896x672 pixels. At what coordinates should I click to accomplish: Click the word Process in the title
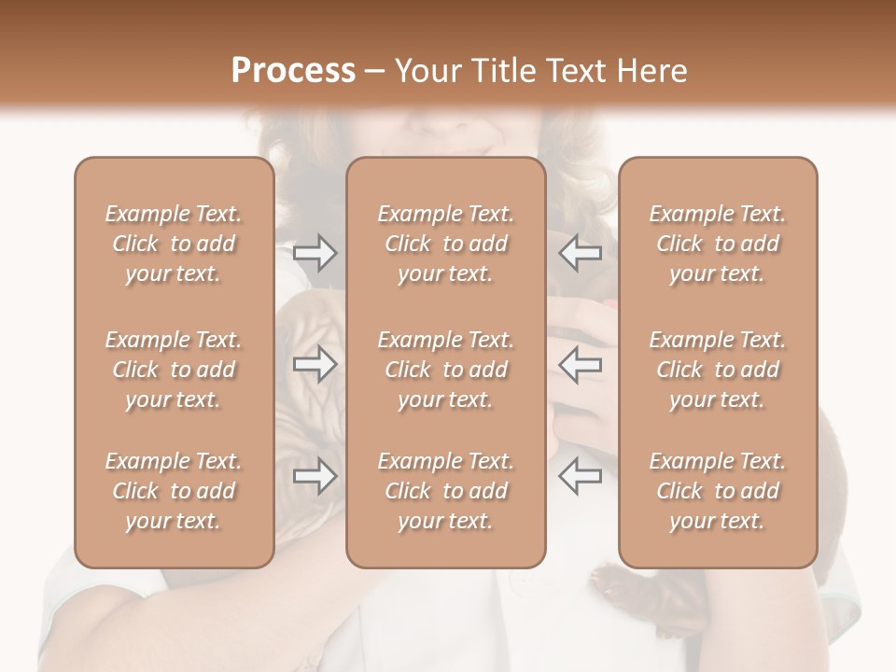point(293,71)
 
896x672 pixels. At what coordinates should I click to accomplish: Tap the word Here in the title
point(649,71)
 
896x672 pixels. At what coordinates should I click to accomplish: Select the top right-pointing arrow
point(315,252)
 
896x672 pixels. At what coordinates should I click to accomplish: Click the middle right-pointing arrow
point(315,365)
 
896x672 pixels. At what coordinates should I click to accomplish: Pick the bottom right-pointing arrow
point(315,476)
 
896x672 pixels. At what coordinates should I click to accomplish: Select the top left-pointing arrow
point(580,252)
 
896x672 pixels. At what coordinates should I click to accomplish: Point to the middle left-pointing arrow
point(580,365)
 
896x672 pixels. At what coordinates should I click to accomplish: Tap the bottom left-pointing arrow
point(580,476)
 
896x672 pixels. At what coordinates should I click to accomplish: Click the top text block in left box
point(174,244)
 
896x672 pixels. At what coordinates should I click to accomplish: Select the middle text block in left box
point(174,370)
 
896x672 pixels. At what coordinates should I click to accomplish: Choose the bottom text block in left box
point(174,491)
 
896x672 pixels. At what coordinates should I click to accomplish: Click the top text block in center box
point(445,244)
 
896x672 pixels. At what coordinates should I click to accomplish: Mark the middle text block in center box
point(445,370)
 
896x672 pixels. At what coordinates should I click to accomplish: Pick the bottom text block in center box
point(445,491)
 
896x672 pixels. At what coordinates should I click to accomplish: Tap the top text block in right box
point(717,244)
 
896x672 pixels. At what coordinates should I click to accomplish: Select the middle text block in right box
point(717,370)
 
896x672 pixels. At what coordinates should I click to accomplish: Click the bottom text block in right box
point(717,491)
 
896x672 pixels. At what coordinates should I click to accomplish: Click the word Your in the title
point(427,71)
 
